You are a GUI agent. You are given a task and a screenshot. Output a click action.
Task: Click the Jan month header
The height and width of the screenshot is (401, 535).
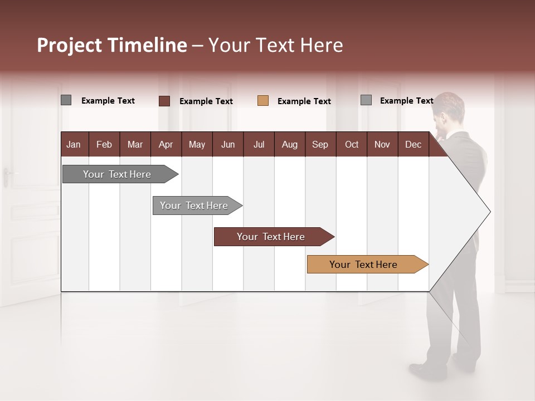coord(74,144)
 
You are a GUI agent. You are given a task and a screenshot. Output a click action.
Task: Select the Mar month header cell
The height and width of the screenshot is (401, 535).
coord(135,144)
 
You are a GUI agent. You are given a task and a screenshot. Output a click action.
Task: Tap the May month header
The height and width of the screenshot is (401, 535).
coord(197,144)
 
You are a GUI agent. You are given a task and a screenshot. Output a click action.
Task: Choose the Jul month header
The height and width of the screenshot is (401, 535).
coord(259,144)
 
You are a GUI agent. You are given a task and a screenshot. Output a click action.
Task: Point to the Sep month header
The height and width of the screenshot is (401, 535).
coord(320,144)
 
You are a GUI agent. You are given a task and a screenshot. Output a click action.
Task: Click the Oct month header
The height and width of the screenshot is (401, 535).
coord(352,144)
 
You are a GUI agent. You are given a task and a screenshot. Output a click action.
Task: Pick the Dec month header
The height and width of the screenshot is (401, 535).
coord(413,144)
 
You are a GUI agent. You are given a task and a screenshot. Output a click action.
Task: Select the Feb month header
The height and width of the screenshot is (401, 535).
coord(104,144)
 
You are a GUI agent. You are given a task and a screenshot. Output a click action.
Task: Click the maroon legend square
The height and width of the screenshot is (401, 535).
coord(164,101)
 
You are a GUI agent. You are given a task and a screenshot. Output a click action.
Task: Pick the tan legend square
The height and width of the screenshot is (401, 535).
coord(263,101)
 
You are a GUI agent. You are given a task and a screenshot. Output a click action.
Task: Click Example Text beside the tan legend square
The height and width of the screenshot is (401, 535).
coord(304,101)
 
